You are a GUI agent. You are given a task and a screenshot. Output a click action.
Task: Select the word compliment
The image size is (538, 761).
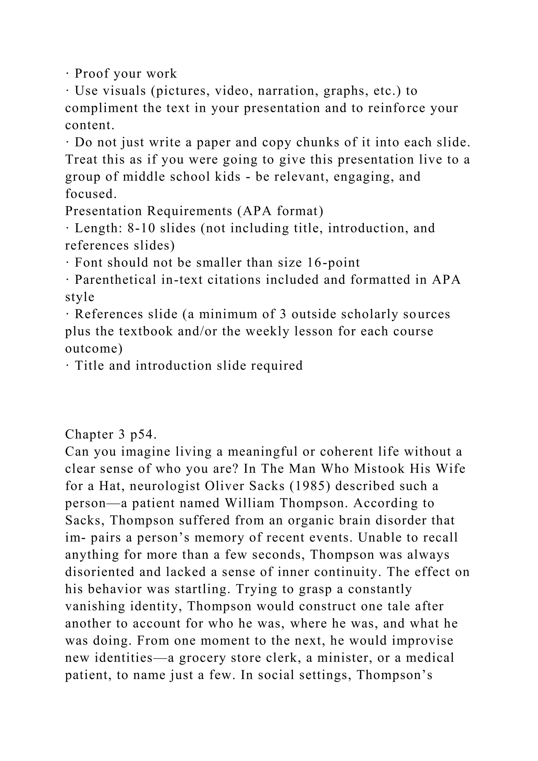tap(101, 108)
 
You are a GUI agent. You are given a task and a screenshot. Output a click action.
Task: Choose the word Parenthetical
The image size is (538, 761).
tap(115, 280)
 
